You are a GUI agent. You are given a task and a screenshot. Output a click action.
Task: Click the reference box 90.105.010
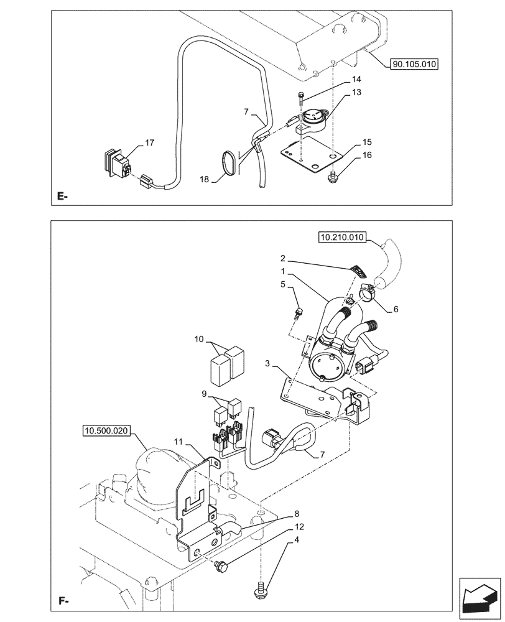(x=414, y=63)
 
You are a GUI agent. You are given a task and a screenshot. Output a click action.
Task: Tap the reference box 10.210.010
(x=343, y=237)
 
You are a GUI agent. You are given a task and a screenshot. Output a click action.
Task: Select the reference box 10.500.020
(x=105, y=430)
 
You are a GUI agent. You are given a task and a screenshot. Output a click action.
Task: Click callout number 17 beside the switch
(x=149, y=143)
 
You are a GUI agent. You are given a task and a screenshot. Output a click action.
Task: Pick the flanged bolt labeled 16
(x=334, y=177)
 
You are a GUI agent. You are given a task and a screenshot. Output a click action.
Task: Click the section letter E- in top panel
(x=62, y=197)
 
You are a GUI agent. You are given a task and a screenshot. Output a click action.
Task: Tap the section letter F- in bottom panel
(x=63, y=602)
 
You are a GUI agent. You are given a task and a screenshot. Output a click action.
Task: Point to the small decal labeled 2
(x=357, y=270)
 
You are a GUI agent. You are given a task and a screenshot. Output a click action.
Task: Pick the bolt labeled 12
(x=221, y=565)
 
